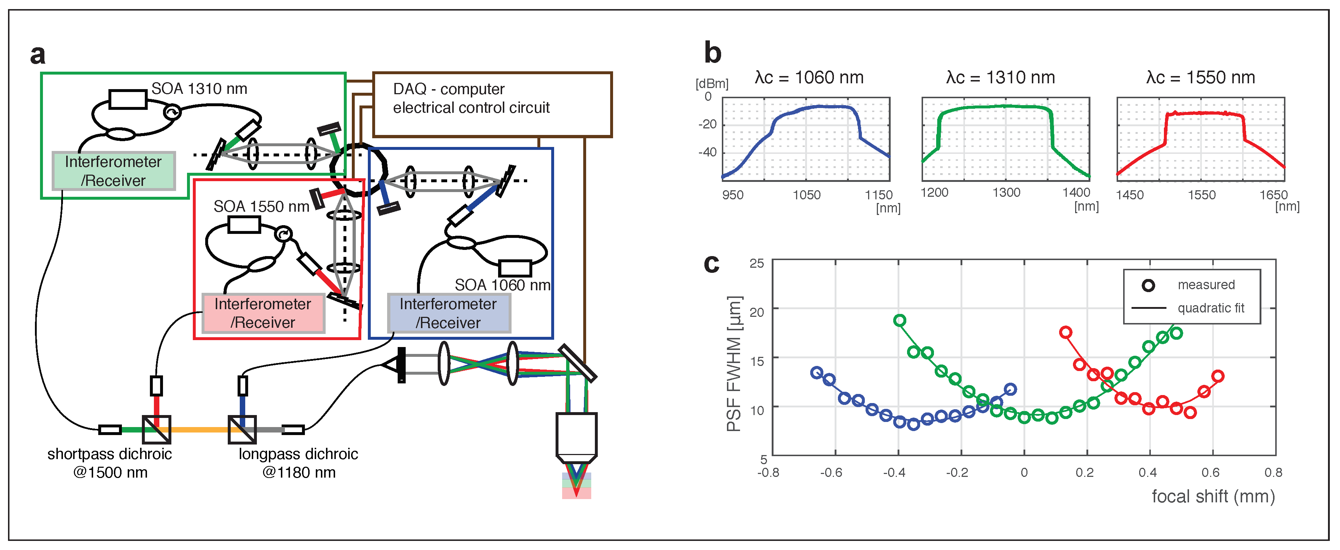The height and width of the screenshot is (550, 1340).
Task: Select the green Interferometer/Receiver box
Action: [x=114, y=171]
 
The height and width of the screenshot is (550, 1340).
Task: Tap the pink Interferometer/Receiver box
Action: [x=263, y=313]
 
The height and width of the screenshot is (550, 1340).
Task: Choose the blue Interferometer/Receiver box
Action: [x=448, y=313]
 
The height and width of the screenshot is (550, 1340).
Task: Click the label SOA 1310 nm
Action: [x=199, y=89]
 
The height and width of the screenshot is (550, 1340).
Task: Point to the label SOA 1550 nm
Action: [x=261, y=206]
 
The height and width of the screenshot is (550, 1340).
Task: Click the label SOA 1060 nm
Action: [x=502, y=285]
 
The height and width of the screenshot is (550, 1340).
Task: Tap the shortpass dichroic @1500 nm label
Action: [x=110, y=463]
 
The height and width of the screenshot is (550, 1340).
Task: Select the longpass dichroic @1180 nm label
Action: [x=299, y=463]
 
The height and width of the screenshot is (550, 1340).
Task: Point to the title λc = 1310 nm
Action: [x=1000, y=78]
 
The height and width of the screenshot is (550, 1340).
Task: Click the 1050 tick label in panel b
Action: [x=806, y=195]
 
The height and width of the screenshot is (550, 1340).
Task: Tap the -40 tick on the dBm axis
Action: [x=707, y=152]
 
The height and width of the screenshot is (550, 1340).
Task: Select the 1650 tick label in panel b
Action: [x=1273, y=195]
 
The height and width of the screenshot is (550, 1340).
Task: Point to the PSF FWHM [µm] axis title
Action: [x=734, y=364]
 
